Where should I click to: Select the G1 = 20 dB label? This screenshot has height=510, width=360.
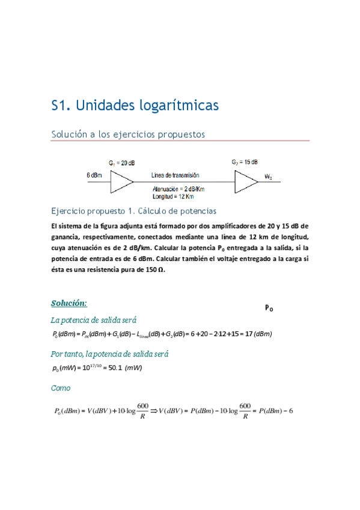click(x=122, y=163)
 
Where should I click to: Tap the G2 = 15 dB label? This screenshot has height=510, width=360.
click(x=245, y=162)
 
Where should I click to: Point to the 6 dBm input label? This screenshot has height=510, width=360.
click(x=96, y=175)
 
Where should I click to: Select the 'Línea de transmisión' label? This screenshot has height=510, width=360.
click(x=175, y=175)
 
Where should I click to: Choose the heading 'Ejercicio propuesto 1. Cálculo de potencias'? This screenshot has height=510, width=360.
click(x=133, y=211)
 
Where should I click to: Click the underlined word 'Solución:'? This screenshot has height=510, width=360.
click(x=69, y=303)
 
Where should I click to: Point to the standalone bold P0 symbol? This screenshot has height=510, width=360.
click(x=269, y=308)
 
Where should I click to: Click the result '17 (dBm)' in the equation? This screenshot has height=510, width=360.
click(x=255, y=334)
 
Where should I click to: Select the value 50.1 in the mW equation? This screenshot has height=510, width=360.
click(x=112, y=368)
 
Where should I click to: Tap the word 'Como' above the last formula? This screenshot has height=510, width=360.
click(x=61, y=389)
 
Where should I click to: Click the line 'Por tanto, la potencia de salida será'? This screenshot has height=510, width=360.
click(x=109, y=354)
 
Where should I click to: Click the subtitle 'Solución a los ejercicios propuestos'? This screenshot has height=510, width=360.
click(x=128, y=134)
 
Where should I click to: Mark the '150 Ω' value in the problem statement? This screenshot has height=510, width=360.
click(x=151, y=269)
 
